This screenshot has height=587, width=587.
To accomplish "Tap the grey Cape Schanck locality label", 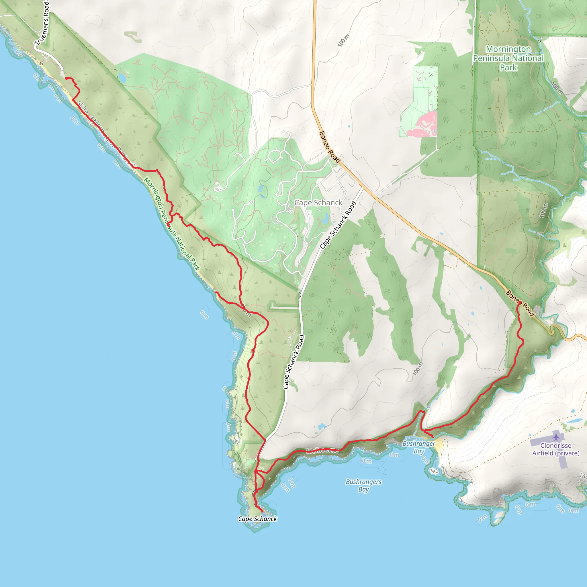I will [318, 203].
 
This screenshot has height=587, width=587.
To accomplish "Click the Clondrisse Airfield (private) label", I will [556, 449].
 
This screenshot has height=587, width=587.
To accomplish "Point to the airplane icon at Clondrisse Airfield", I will [556, 437].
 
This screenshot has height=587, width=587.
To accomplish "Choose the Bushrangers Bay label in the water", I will [363, 485].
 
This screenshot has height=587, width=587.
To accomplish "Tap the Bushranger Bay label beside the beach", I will [419, 447].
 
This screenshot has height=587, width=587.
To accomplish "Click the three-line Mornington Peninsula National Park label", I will [508, 58].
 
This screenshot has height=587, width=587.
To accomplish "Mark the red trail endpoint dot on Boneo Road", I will [520, 303].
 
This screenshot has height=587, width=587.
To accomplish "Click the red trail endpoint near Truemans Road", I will [66, 78].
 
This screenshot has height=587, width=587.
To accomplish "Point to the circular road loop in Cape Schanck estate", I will [275, 156].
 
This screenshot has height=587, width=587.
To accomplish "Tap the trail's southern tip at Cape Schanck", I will [262, 511].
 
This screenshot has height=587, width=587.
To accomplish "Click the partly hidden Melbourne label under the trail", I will [322, 451].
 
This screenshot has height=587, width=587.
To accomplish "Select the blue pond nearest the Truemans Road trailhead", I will [122, 78].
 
